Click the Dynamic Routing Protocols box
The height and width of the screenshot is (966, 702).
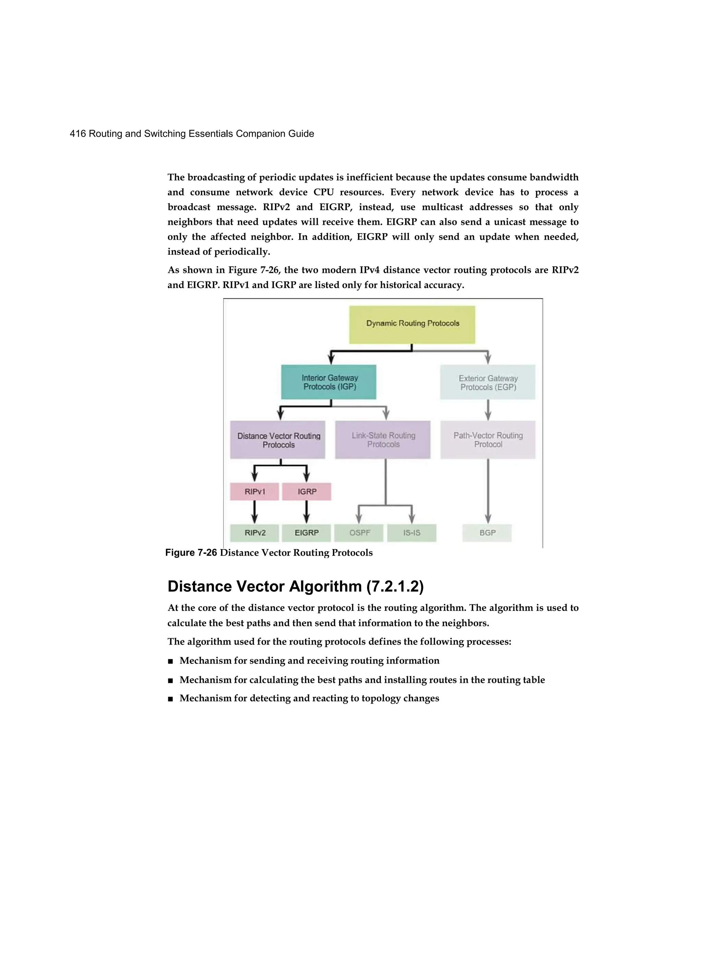click(412, 324)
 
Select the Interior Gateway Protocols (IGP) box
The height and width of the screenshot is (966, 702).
click(328, 382)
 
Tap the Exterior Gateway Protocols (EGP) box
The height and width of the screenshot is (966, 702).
click(487, 382)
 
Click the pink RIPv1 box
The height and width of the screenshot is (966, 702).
click(254, 492)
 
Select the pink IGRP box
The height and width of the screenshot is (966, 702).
click(306, 492)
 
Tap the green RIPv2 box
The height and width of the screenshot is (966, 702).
click(254, 533)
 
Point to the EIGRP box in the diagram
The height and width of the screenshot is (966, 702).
click(306, 533)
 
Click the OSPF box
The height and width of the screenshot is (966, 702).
click(359, 533)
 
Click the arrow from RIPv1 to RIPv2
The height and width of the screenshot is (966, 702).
click(254, 511)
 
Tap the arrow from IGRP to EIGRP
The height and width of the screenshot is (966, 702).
click(306, 511)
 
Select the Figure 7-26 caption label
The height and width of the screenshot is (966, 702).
click(191, 553)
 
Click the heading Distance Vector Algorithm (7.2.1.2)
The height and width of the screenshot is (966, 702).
click(295, 587)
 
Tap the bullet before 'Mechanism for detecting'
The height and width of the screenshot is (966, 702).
click(170, 699)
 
